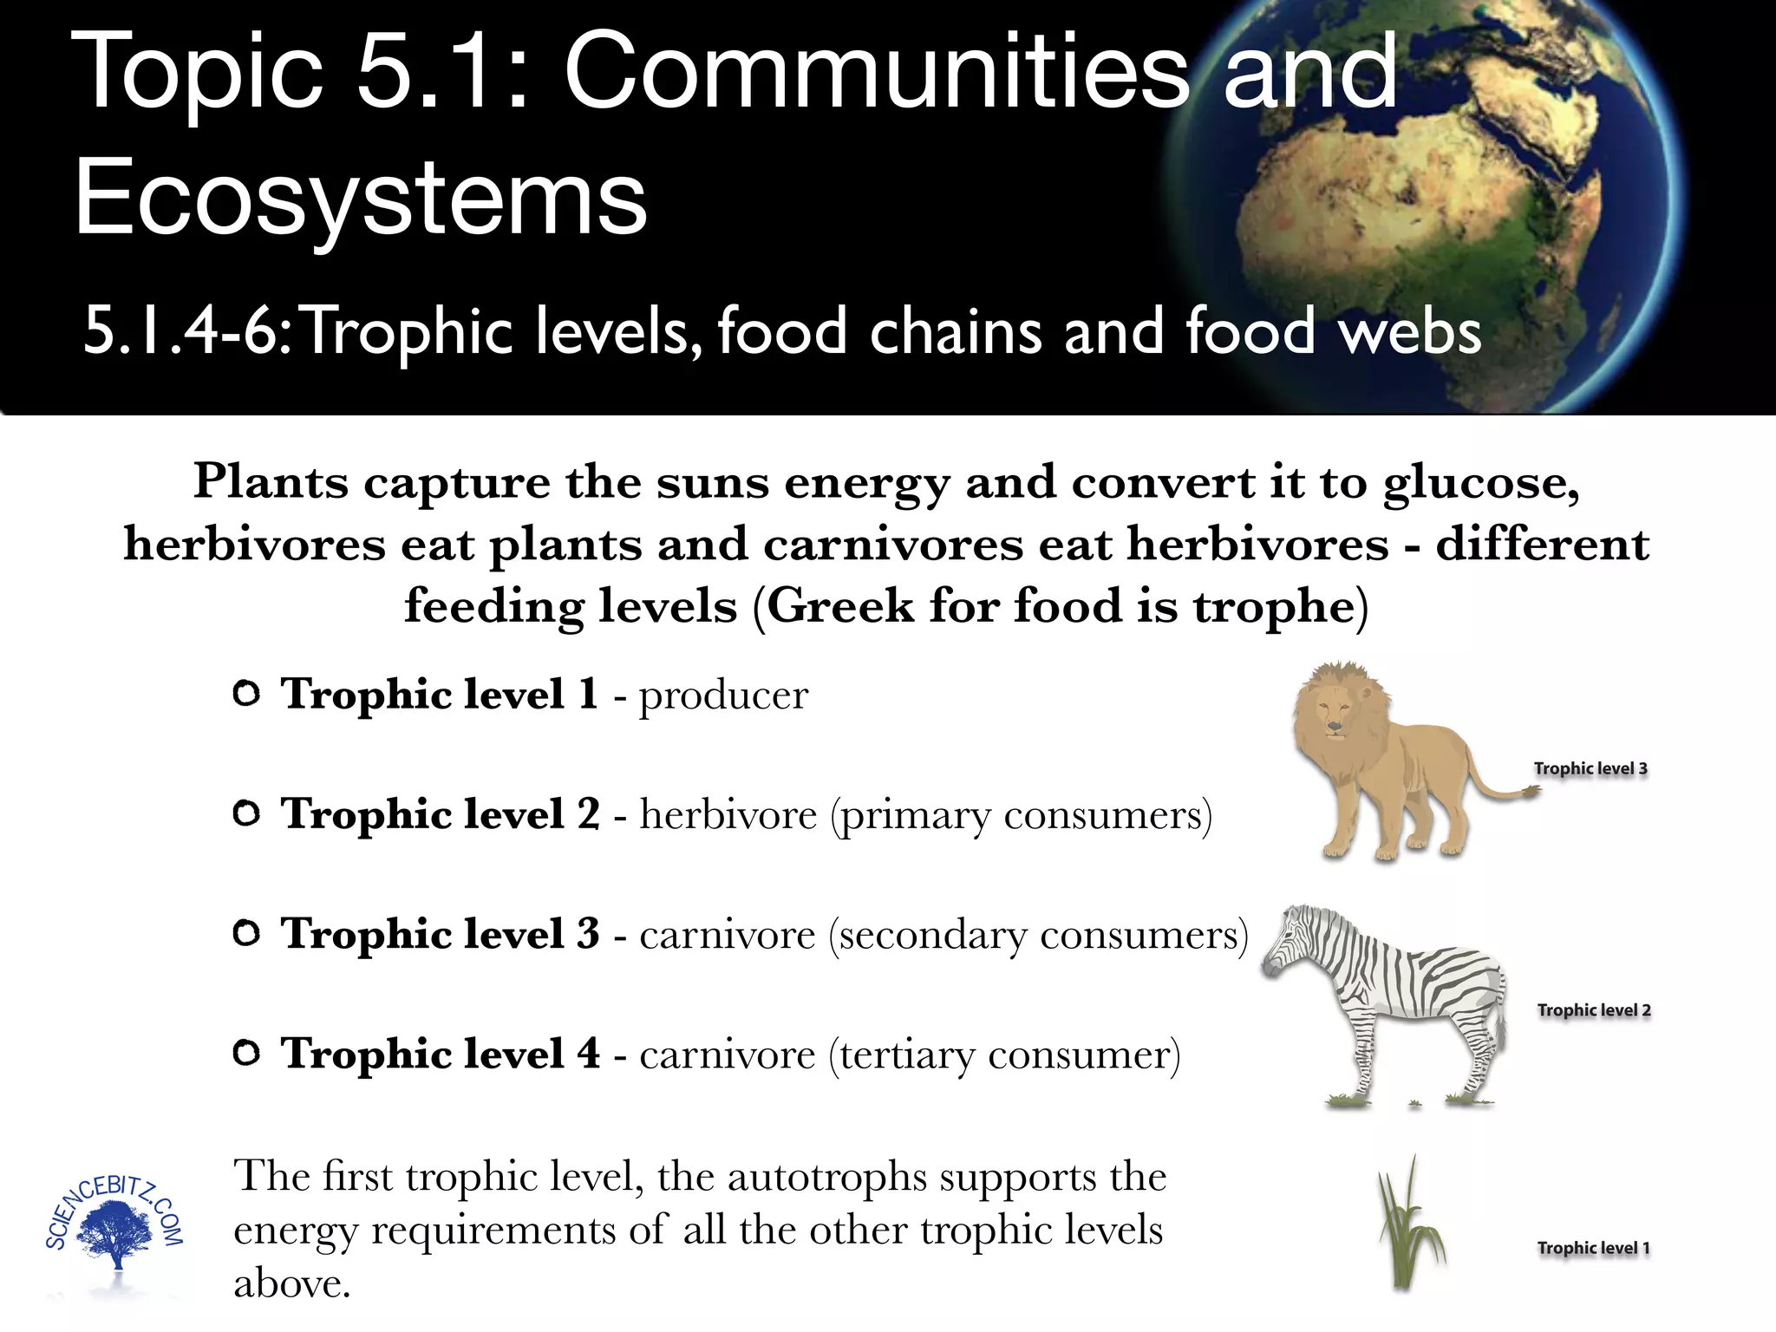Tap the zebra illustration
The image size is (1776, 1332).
(x=1396, y=997)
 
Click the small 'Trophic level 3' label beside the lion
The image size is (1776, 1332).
(x=1590, y=768)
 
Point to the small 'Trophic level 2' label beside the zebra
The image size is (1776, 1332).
(x=1594, y=1010)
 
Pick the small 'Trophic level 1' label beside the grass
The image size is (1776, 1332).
(x=1594, y=1248)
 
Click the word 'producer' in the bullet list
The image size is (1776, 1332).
(x=723, y=695)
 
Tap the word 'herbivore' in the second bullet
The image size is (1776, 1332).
(x=728, y=815)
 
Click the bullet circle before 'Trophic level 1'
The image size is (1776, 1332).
(x=247, y=694)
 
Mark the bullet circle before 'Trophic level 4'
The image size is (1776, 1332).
(x=247, y=1054)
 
